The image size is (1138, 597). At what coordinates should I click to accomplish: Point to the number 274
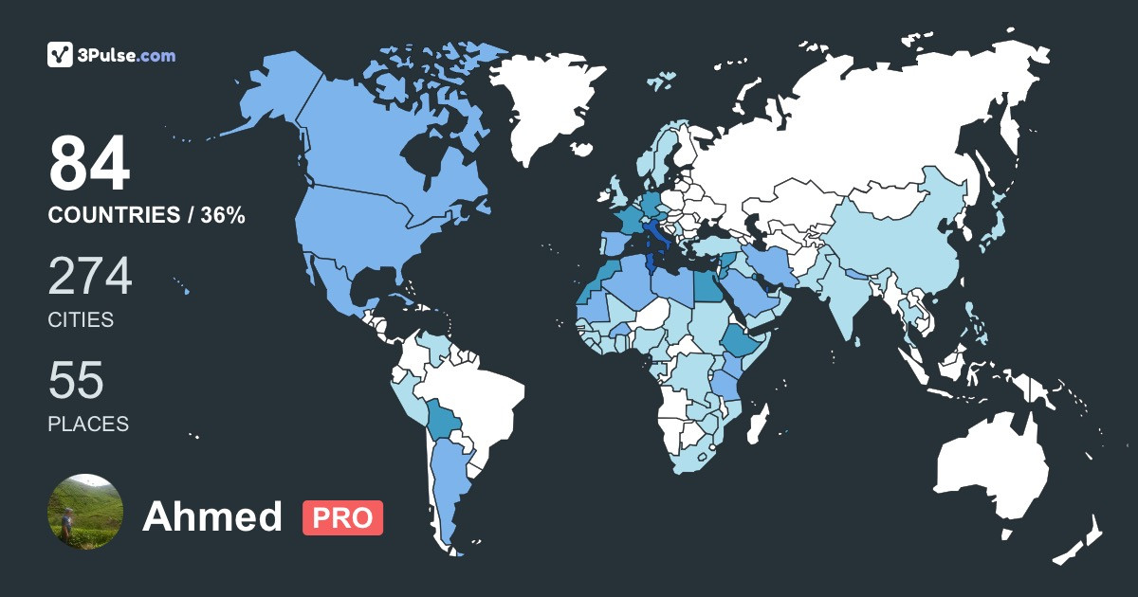90,277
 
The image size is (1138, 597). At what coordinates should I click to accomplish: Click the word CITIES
81,320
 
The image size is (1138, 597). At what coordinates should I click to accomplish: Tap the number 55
76,381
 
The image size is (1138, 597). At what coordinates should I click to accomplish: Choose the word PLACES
88,424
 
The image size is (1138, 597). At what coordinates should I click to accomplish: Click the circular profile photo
85,512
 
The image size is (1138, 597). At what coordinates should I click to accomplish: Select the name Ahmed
212,517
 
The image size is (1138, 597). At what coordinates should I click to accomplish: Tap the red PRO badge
342,517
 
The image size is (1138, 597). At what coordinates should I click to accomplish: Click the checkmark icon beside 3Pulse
61,55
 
